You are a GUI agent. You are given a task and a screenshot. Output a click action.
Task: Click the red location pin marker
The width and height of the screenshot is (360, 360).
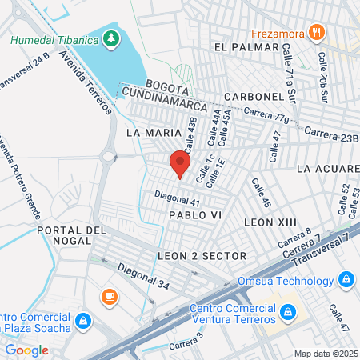coord(180,165)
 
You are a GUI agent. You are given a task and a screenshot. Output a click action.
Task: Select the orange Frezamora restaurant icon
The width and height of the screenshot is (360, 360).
coord(318,33)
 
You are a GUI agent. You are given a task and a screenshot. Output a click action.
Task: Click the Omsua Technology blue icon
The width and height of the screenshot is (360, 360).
coord(346,280)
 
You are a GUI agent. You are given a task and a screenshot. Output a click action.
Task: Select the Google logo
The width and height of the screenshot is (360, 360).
coord(26,350)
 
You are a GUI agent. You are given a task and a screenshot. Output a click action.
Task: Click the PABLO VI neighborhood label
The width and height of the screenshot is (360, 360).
coord(193,216)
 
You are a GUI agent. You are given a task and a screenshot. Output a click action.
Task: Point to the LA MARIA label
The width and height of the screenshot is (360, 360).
coord(146,130)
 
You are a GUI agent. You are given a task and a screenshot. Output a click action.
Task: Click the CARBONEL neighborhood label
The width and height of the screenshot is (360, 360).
coord(254,96)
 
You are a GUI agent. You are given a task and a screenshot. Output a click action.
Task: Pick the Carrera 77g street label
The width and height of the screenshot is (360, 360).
coord(266,117)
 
